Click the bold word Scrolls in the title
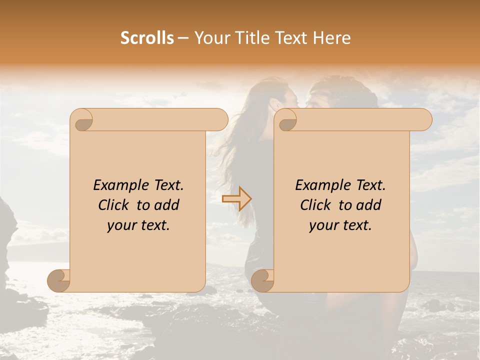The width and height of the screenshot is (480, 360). (147, 38)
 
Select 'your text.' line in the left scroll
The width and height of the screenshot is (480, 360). (138, 225)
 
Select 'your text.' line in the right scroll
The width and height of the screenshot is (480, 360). (340, 225)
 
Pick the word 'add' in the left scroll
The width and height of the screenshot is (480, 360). (167, 205)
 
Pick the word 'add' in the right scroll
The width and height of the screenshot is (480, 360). (369, 205)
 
